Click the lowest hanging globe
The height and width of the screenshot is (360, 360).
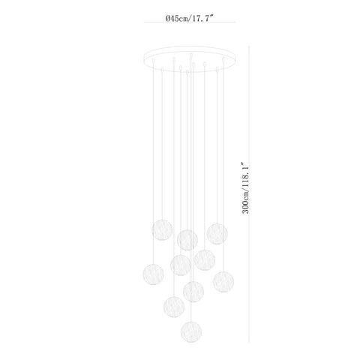tap(191, 331)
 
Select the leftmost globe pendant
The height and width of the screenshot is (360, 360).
tap(153, 274)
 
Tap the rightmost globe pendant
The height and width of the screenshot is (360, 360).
tap(223, 281)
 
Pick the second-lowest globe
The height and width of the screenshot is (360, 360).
tap(174, 307)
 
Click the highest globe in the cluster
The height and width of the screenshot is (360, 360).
tap(162, 230)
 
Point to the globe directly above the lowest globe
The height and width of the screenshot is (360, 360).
tap(193, 292)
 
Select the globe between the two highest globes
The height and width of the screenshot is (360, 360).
tap(187, 240)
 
